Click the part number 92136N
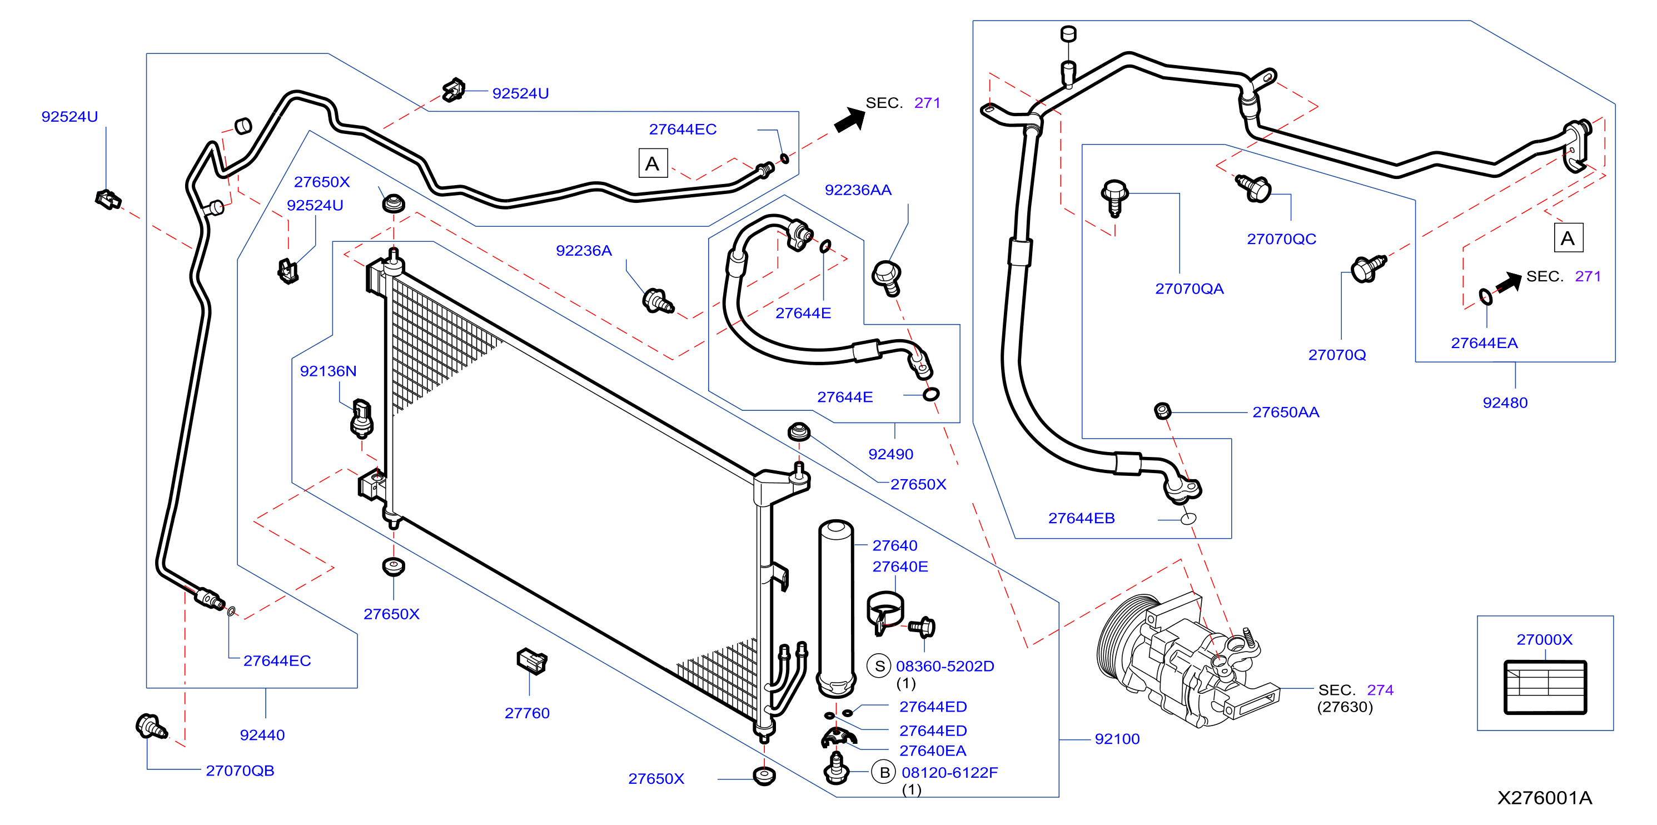click(328, 371)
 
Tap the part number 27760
click(527, 713)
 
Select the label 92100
click(1117, 739)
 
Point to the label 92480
click(1505, 403)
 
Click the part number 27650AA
click(1285, 412)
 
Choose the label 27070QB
click(240, 771)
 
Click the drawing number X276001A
click(1544, 798)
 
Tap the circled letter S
click(879, 666)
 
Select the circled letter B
click(884, 772)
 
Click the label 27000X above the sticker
click(1544, 640)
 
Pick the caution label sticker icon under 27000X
click(1545, 687)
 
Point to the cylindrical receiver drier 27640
click(836, 609)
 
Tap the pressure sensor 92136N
click(362, 418)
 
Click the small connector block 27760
click(532, 661)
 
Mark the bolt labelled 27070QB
click(151, 727)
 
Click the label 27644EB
click(1081, 519)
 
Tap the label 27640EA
click(933, 751)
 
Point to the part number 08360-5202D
click(945, 667)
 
